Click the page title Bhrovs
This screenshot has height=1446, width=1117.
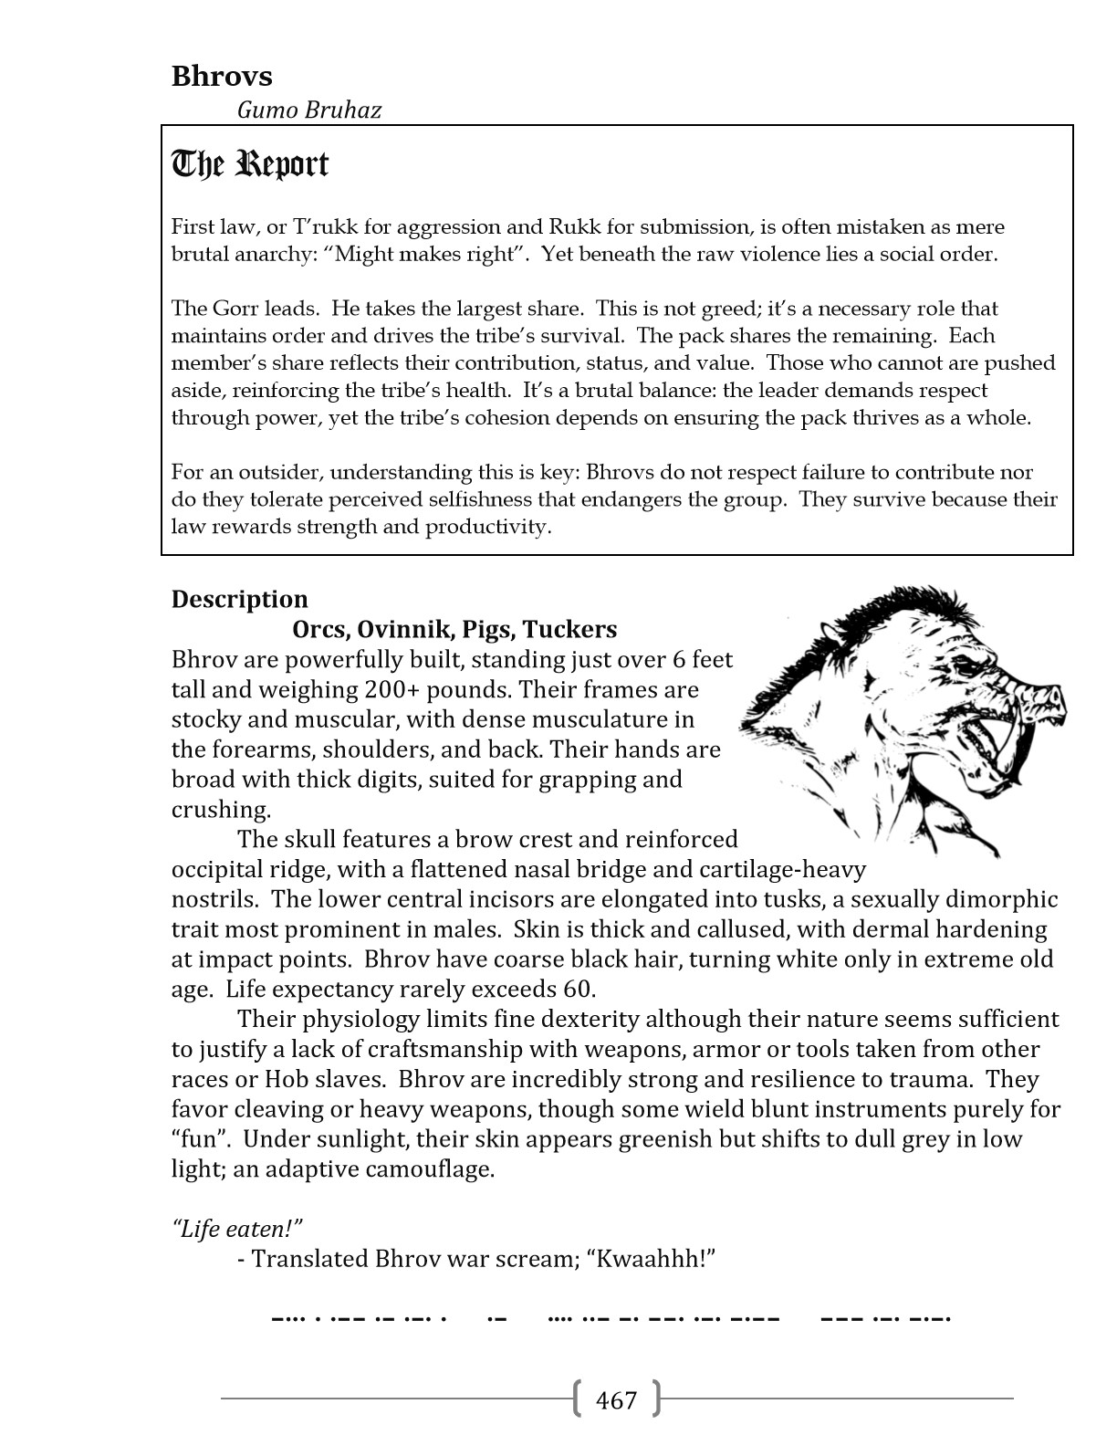(222, 76)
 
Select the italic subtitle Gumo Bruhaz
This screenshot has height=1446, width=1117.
(308, 110)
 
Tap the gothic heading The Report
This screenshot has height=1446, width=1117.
(250, 164)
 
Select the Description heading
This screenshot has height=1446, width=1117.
(240, 599)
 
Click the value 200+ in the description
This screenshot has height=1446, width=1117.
(390, 689)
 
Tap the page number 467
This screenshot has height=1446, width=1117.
(616, 1399)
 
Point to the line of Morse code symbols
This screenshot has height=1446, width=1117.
(611, 1318)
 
